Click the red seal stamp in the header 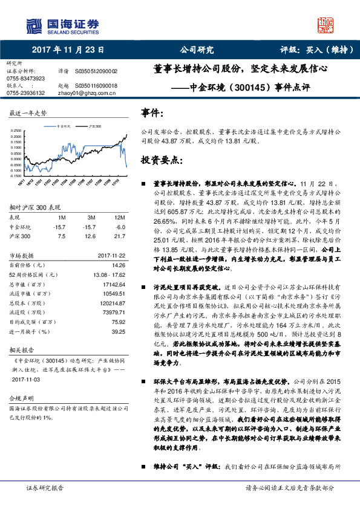click(x=325, y=25)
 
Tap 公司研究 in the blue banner click(x=197, y=50)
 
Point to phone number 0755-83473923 click(x=25, y=79)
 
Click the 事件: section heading click(x=152, y=113)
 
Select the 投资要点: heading click(x=160, y=160)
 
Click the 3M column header click(x=91, y=217)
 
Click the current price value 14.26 click(x=118, y=264)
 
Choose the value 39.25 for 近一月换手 click(x=118, y=332)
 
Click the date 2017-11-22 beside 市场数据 click(x=110, y=255)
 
